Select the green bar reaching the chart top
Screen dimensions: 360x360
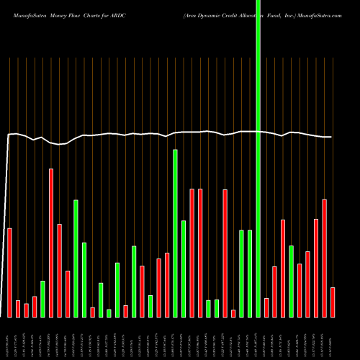point(258,158)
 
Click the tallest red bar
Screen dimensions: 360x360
point(51,243)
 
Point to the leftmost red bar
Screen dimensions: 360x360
point(10,272)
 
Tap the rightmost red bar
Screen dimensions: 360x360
point(333,302)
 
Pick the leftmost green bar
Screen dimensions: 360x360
point(43,299)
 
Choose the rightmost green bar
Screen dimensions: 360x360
point(292,281)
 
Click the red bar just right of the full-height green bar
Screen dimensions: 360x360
point(266,307)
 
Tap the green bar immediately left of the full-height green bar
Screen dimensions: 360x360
point(250,274)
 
